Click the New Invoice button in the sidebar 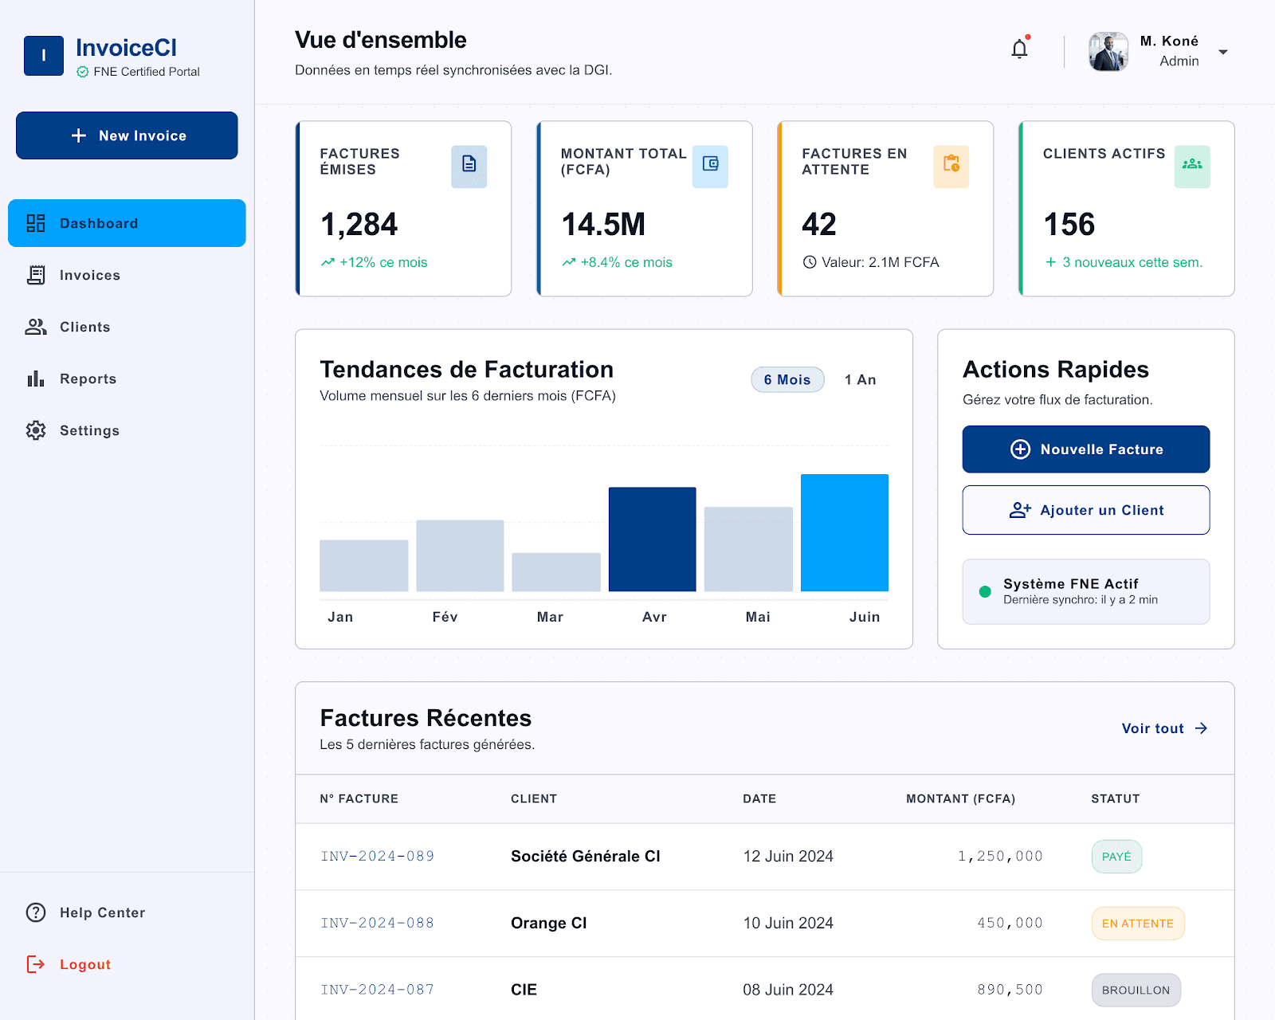coord(127,135)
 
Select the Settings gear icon coord(36,430)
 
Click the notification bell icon coord(1019,49)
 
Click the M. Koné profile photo coord(1108,52)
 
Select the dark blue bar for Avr coord(653,539)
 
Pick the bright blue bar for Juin coord(844,532)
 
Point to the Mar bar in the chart coord(555,572)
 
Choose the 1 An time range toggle coord(860,379)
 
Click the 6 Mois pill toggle coord(787,379)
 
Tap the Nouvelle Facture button coord(1085,449)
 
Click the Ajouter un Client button coord(1085,510)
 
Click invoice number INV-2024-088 coord(377,923)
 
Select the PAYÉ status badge coord(1116,856)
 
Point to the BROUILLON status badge coord(1136,989)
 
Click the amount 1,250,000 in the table coord(999,856)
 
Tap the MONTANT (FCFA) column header coord(960,798)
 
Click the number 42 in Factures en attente coord(818,224)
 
